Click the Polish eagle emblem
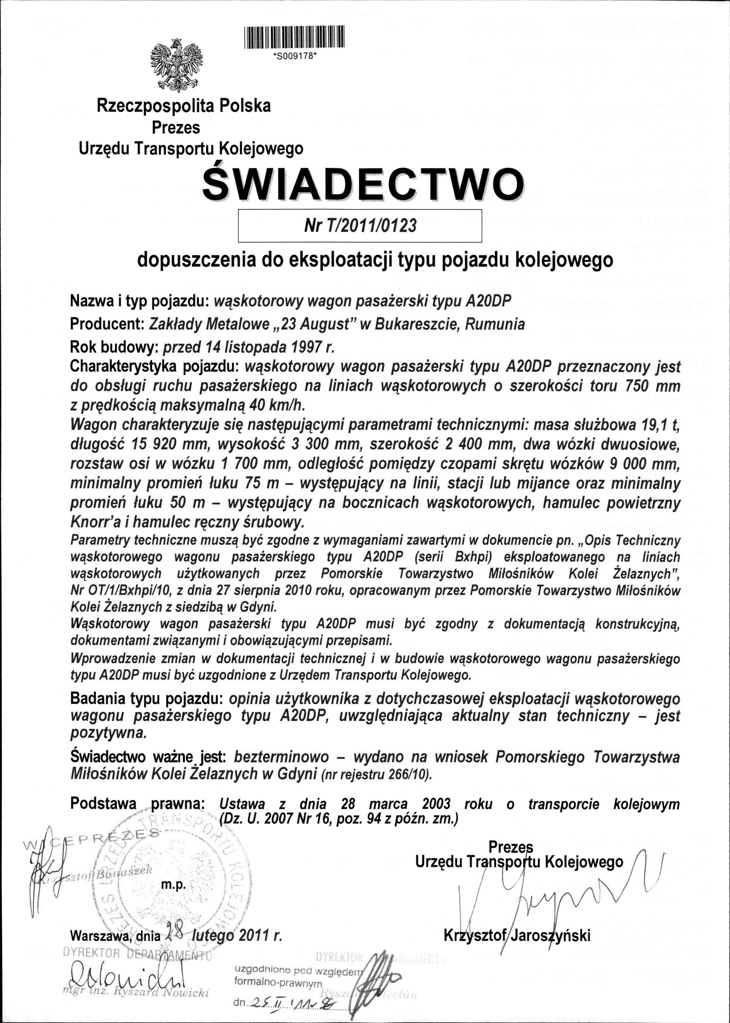point(176,65)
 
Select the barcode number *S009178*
point(295,56)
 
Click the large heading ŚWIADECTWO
point(363,185)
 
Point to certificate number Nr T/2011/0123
point(360,225)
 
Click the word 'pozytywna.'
point(108,733)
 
